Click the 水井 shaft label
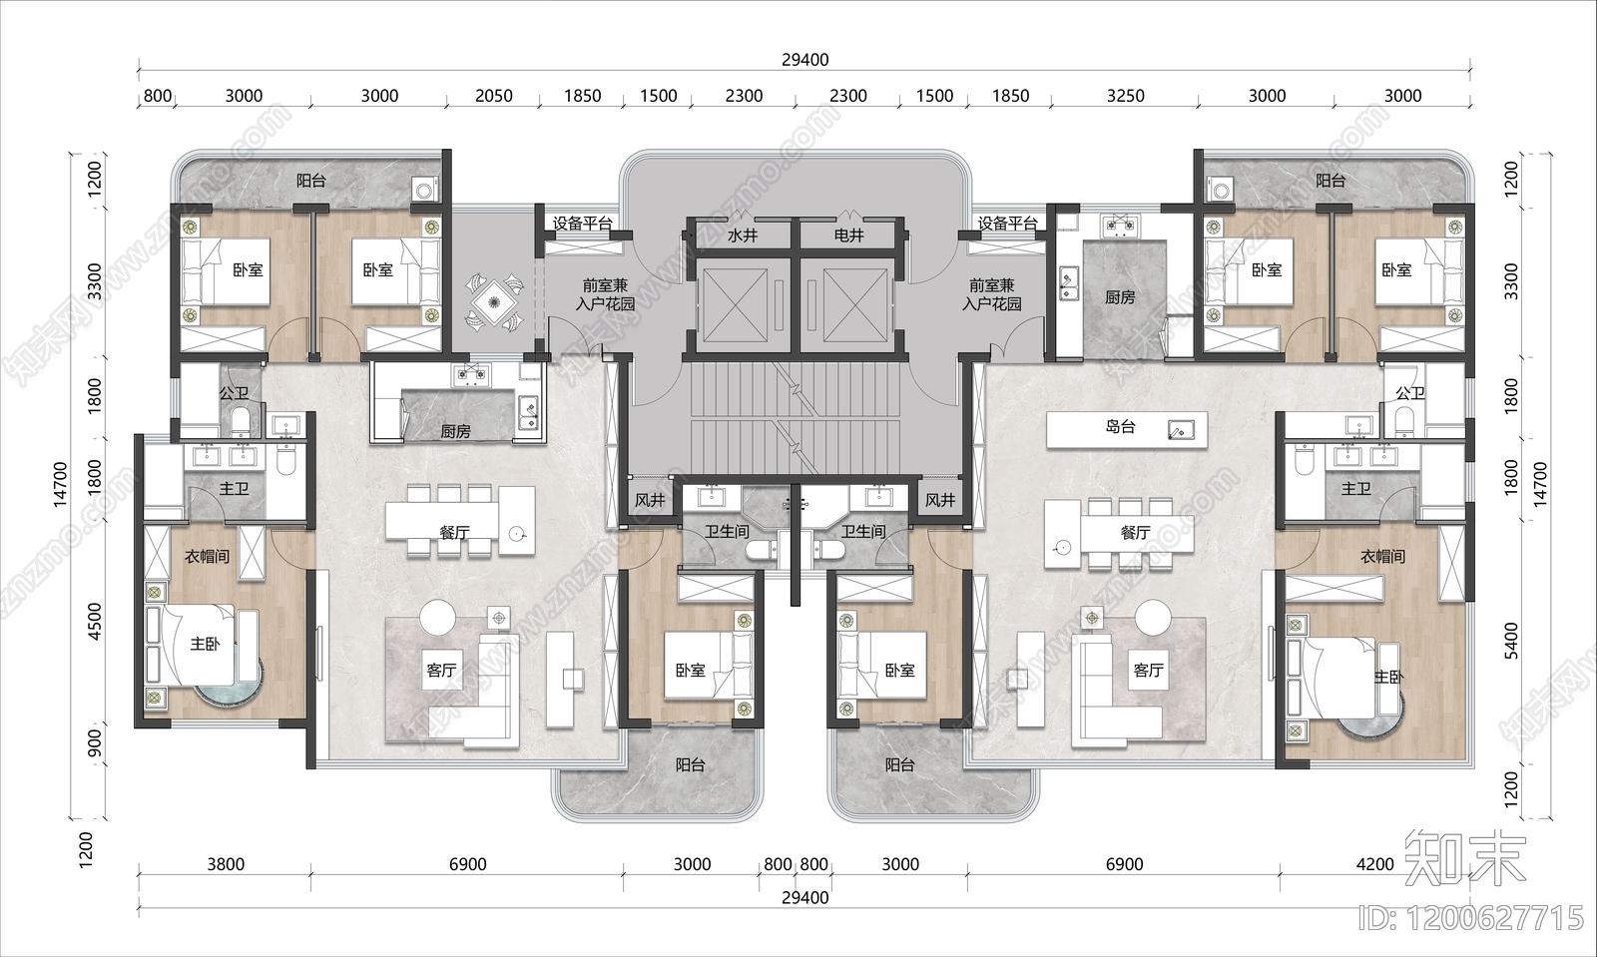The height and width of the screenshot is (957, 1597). (x=743, y=236)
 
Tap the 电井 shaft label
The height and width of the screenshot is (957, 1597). (x=849, y=236)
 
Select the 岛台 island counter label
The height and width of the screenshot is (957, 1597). (x=1120, y=427)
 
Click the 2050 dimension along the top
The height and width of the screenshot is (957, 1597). (x=493, y=96)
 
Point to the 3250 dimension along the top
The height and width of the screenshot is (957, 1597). (x=1125, y=96)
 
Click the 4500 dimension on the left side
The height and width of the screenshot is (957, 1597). (x=94, y=622)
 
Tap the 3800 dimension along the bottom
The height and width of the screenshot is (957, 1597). (x=226, y=864)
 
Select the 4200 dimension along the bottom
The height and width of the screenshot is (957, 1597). (x=1374, y=864)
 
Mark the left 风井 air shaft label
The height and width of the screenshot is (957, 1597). (x=650, y=500)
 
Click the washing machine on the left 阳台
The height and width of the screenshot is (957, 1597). (x=425, y=191)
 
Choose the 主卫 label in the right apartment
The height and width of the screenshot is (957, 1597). (x=1355, y=489)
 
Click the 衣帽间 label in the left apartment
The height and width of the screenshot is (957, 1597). (x=207, y=557)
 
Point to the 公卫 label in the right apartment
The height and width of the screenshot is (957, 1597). (x=1409, y=393)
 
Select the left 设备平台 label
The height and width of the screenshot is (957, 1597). (x=583, y=224)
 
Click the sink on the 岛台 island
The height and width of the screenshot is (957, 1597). (x=1180, y=430)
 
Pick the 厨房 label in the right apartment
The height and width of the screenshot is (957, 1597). (x=1119, y=297)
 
